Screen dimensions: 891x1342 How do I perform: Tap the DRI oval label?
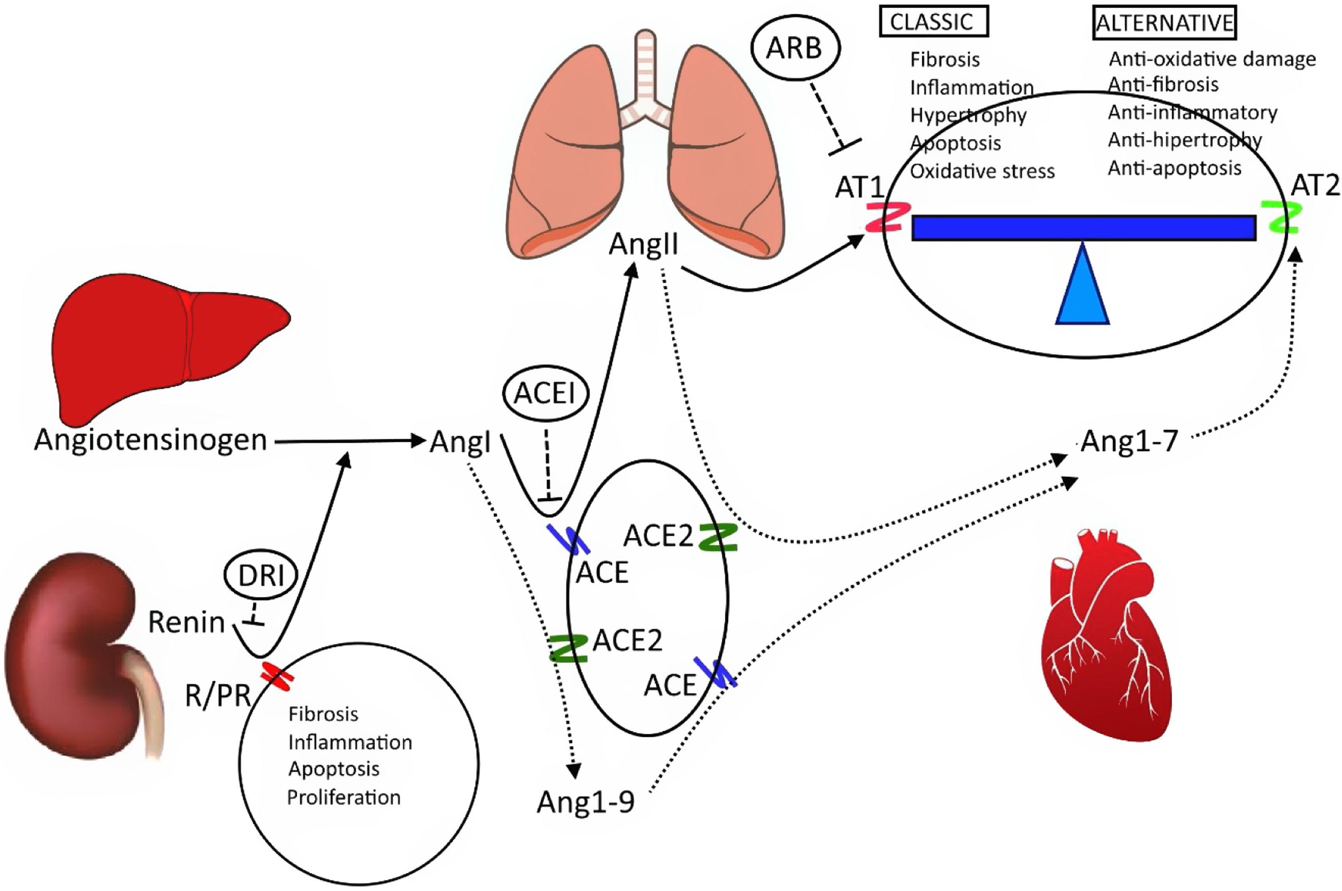261,576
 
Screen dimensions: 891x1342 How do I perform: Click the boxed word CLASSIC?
933,22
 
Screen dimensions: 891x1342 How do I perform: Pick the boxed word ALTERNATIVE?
1164,23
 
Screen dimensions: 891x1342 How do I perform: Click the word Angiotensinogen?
150,440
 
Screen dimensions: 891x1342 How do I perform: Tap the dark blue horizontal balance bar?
1083,228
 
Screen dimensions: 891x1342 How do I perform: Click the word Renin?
186,623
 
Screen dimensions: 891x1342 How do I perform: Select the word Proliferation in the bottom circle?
343,797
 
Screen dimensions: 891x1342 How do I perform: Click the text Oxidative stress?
982,171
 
